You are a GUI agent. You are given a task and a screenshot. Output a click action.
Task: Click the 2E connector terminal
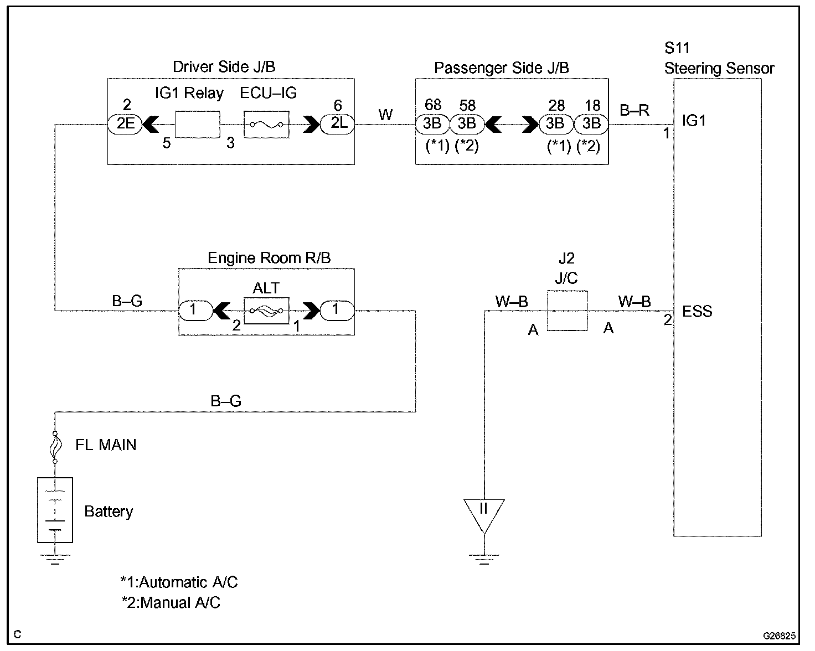125,124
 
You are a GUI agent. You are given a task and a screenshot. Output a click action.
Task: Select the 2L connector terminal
338,124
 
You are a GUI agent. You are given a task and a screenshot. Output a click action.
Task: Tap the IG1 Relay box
197,124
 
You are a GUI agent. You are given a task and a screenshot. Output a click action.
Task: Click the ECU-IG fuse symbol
266,125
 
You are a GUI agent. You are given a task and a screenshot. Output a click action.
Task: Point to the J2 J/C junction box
567,311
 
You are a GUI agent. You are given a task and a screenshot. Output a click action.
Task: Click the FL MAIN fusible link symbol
55,446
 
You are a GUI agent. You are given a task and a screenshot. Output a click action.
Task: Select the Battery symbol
55,510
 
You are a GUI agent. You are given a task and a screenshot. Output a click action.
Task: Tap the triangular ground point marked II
484,513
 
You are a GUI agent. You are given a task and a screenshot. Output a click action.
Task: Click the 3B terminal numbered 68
432,124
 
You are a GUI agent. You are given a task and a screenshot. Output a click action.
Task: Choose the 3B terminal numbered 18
591,124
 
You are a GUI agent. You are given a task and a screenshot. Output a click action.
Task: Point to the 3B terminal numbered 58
467,124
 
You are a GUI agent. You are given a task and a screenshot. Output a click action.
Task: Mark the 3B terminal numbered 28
555,124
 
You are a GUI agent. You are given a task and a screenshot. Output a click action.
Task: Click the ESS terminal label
697,312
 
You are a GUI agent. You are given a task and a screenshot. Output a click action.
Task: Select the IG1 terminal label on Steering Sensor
694,121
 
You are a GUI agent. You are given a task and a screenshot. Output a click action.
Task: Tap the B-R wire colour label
634,111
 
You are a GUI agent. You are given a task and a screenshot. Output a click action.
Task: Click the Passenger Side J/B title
501,68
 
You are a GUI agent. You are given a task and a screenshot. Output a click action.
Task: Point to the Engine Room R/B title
269,258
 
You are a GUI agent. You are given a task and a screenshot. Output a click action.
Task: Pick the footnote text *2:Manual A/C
171,603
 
